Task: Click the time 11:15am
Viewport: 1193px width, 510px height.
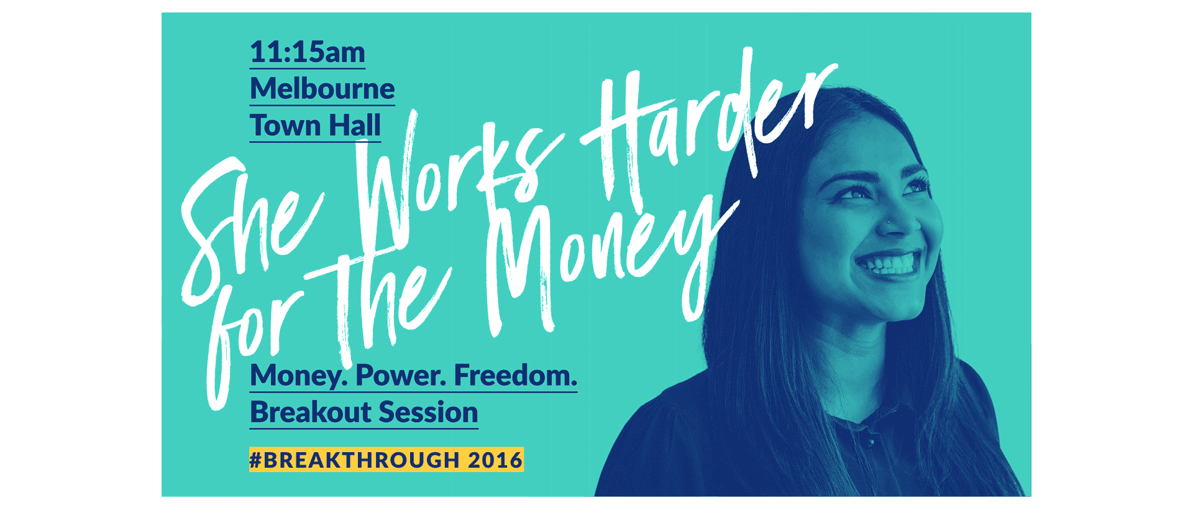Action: (x=308, y=52)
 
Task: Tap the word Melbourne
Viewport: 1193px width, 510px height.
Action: (x=322, y=88)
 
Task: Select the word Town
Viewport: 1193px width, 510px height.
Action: (x=285, y=125)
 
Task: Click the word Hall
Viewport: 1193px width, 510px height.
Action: (x=355, y=125)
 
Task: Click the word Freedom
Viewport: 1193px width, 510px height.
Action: (x=516, y=375)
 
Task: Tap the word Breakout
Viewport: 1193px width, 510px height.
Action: (x=310, y=412)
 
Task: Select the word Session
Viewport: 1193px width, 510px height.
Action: (x=429, y=412)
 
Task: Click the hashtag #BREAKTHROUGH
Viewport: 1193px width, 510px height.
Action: (x=354, y=460)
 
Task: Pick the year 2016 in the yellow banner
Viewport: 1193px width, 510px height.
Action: (x=495, y=460)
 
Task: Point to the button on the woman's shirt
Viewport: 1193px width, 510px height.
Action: (x=872, y=442)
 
